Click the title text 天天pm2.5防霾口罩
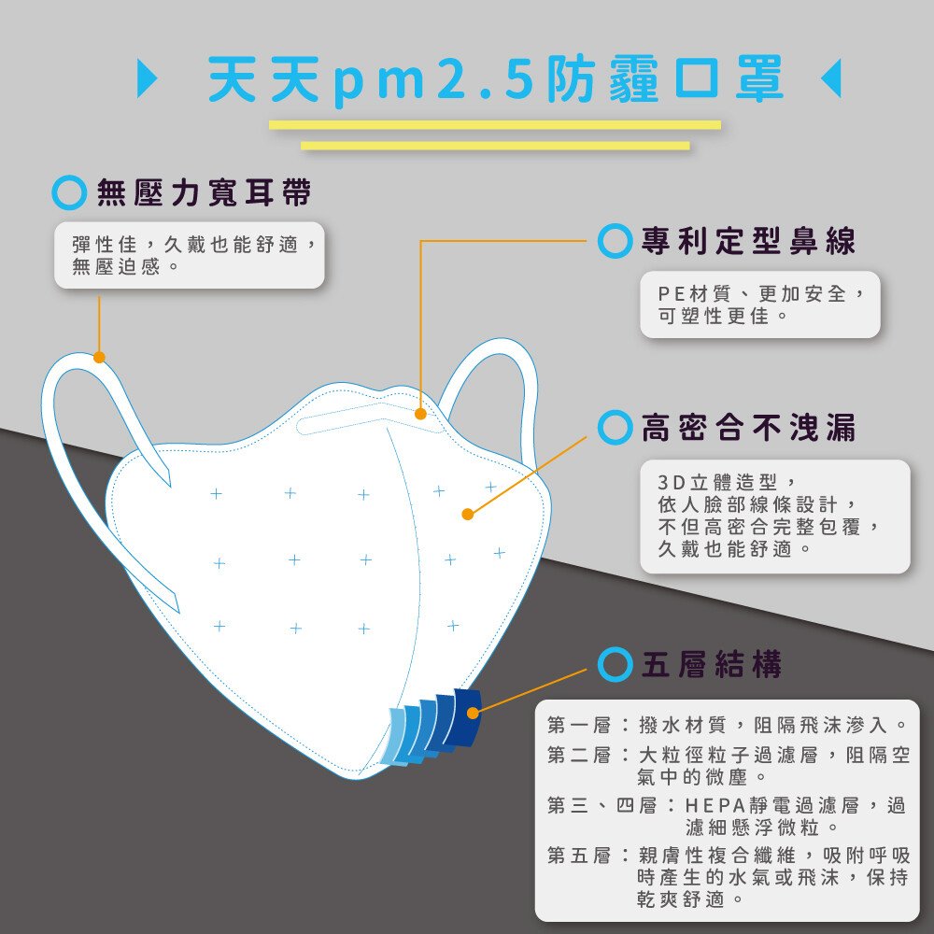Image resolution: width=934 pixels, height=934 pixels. tap(496, 79)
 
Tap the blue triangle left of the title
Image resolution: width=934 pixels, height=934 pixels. tap(147, 78)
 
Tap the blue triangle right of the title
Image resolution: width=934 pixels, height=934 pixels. tap(832, 78)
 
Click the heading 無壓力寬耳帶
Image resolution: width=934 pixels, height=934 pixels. tap(204, 192)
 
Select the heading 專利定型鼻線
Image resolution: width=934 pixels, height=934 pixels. tap(748, 241)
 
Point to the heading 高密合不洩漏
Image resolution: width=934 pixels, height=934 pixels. tap(748, 427)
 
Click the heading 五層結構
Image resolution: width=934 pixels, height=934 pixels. tap(712, 664)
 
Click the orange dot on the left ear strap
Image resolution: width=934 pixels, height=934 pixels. tap(99, 358)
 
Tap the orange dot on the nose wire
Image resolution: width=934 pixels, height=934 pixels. tap(420, 414)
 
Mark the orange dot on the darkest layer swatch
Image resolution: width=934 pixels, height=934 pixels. tap(473, 713)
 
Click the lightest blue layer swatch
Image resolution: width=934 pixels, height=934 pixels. tap(395, 736)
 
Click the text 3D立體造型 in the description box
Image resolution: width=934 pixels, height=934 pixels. tap(717, 482)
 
